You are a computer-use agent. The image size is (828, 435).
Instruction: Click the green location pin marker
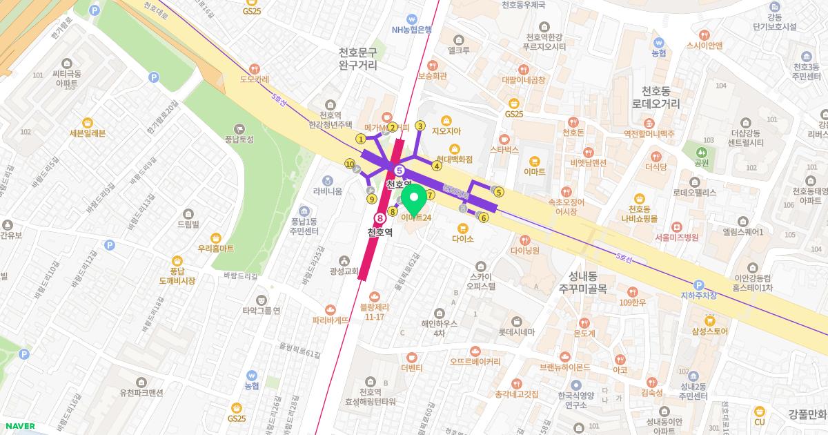point(413,200)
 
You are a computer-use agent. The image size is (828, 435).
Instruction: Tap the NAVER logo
point(19,426)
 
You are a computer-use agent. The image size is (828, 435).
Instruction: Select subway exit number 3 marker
point(420,126)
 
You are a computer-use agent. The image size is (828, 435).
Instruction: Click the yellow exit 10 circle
point(350,164)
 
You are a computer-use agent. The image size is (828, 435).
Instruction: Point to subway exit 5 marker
point(499,192)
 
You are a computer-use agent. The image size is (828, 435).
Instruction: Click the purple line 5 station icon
point(399,171)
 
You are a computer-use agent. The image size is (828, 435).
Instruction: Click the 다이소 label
point(463,238)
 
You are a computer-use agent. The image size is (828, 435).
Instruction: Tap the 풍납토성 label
point(239,139)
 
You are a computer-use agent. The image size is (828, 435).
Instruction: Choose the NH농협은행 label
point(411,29)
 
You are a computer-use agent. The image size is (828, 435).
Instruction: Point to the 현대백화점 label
point(454,159)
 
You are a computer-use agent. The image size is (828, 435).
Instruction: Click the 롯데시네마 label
point(517,331)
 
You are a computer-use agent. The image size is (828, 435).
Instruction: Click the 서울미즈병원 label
point(676,237)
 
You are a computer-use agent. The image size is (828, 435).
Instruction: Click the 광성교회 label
point(343,271)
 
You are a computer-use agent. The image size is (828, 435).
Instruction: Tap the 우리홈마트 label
point(215,248)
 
